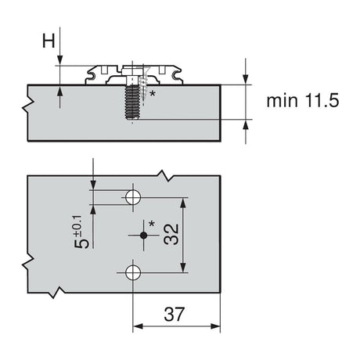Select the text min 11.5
coord(301,101)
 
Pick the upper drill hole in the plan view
coord(133,196)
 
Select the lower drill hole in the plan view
coord(133,272)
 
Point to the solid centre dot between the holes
coord(142,234)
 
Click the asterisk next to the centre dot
coord(153,225)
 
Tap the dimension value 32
coord(171,234)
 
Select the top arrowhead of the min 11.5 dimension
coord(247,78)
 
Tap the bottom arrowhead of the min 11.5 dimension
coord(247,124)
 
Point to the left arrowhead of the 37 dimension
coord(137,326)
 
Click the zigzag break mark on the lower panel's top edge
coord(165,175)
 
